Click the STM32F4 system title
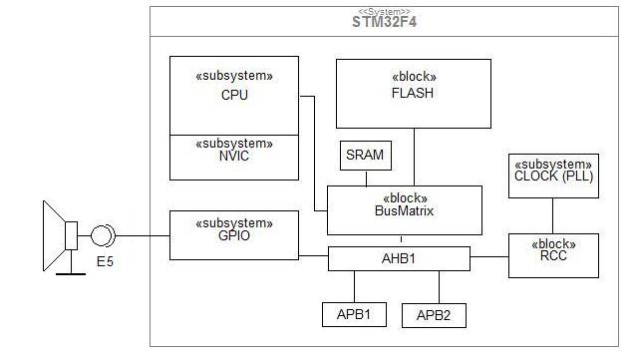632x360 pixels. click(384, 22)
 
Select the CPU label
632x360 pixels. click(234, 95)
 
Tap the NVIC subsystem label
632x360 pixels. click(234, 156)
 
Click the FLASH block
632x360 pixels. click(414, 94)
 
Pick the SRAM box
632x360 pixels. click(366, 156)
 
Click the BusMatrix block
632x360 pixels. click(405, 210)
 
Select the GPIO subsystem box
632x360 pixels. click(234, 235)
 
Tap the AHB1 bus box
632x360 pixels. click(399, 258)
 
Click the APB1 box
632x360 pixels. click(354, 314)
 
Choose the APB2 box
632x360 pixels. click(434, 315)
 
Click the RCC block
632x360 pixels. click(553, 255)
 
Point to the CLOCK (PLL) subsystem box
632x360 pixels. click(553, 176)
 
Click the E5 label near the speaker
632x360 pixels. click(105, 261)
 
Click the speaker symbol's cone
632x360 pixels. click(54, 235)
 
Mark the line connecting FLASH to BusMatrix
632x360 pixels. click(414, 158)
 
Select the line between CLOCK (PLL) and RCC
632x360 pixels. click(552, 216)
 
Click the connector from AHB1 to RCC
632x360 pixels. click(489, 256)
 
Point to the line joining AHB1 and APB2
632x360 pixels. click(439, 287)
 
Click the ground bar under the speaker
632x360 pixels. click(71, 274)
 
